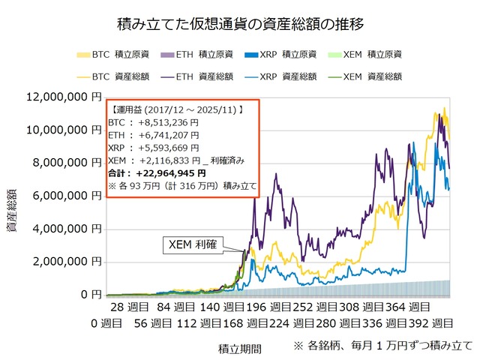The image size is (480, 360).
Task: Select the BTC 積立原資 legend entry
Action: [x=112, y=55]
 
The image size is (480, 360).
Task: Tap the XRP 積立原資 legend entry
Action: [x=281, y=55]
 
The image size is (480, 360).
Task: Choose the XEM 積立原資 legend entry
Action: [x=367, y=55]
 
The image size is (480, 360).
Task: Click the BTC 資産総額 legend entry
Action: [x=112, y=76]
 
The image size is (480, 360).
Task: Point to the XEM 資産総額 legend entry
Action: [x=367, y=76]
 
